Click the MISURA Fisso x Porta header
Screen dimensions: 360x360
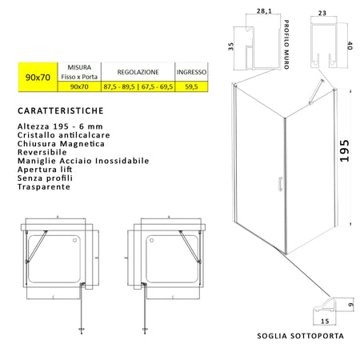coord(79,71)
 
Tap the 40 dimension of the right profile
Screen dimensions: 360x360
coord(349,45)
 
